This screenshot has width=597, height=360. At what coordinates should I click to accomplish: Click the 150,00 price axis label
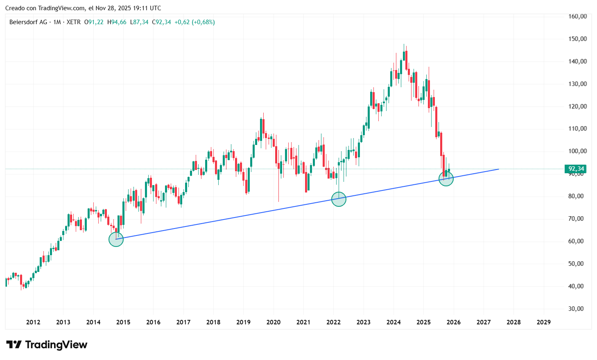pyautogui.click(x=577, y=39)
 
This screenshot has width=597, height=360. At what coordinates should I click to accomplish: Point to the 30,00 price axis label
pyautogui.click(x=577, y=309)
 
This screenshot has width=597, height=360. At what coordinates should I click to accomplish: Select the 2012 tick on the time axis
pyautogui.click(x=33, y=322)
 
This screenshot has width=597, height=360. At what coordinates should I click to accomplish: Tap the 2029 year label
pyautogui.click(x=543, y=322)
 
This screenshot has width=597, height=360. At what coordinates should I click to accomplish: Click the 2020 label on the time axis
pyautogui.click(x=274, y=322)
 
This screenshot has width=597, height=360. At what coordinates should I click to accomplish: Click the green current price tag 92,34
pyautogui.click(x=576, y=169)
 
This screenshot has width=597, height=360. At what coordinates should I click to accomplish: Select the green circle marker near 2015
pyautogui.click(x=116, y=239)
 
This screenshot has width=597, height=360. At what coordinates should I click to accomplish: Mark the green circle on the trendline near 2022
pyautogui.click(x=339, y=199)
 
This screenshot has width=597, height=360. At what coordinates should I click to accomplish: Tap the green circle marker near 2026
pyautogui.click(x=446, y=179)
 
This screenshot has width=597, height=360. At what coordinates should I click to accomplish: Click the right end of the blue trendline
pyautogui.click(x=498, y=169)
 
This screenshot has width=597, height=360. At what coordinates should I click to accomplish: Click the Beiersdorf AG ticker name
pyautogui.click(x=28, y=22)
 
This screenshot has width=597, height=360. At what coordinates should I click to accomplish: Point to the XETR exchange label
pyautogui.click(x=74, y=22)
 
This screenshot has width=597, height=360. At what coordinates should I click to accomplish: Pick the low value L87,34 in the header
pyautogui.click(x=139, y=22)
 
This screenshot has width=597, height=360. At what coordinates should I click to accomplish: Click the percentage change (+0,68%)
pyautogui.click(x=203, y=22)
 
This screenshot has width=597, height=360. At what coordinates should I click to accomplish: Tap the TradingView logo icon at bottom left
pyautogui.click(x=14, y=344)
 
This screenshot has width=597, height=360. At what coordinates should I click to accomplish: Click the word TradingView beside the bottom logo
pyautogui.click(x=56, y=344)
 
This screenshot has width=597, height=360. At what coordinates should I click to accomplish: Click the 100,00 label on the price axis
pyautogui.click(x=577, y=151)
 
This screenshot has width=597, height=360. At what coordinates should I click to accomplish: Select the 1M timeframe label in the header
pyautogui.click(x=57, y=22)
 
